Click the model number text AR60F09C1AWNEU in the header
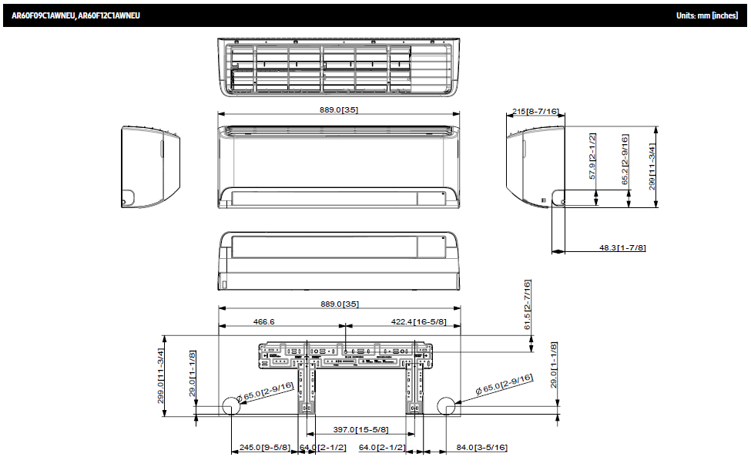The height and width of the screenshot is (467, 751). coord(43,15)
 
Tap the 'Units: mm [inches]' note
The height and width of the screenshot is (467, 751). coord(706,15)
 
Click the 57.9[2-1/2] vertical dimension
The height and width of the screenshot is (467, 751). coord(592,156)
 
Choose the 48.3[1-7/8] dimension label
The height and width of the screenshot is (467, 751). coord(622,247)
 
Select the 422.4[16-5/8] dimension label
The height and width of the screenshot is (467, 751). coord(417,321)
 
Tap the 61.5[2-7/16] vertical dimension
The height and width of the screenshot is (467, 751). coord(528,305)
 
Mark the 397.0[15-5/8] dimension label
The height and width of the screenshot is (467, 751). coord(360,429)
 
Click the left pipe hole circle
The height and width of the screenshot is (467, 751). coord(231,407)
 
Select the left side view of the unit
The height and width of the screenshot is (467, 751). coord(151,166)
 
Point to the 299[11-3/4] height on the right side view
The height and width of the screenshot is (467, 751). coord(652,164)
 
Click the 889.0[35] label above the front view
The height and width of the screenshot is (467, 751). coord(339,109)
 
